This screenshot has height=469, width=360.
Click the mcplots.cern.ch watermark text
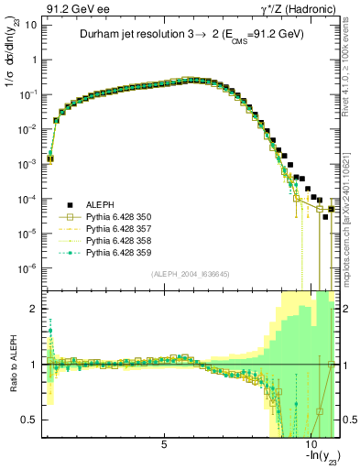pyautogui.click(x=349, y=220)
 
